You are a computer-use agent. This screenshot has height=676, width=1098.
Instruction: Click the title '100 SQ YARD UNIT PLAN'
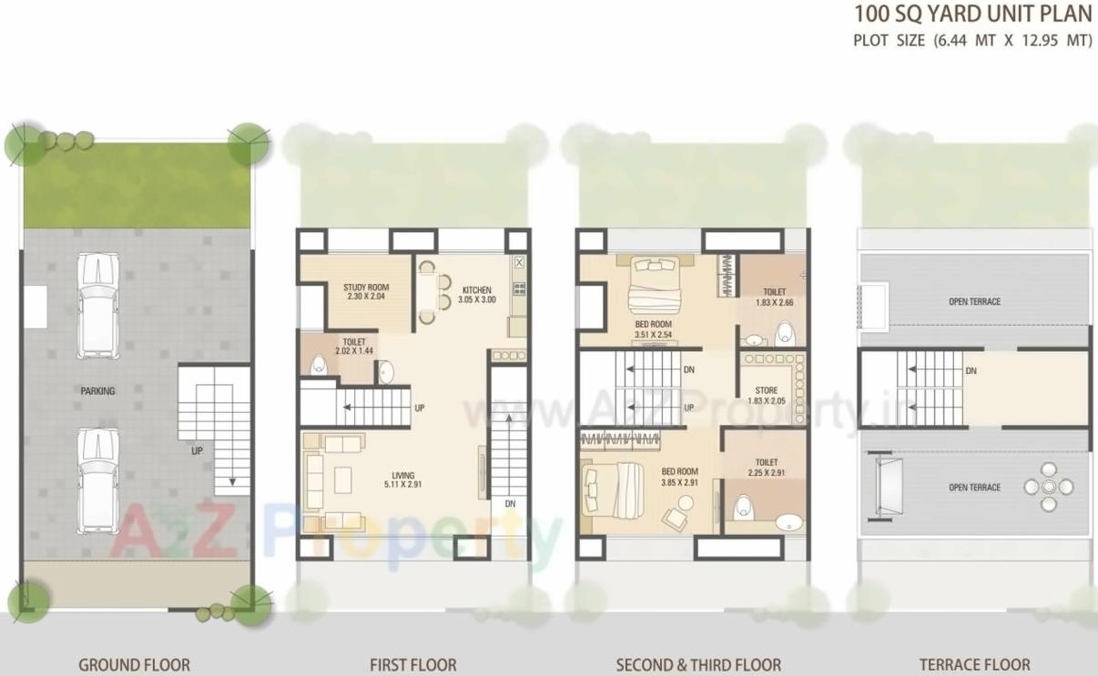(972, 15)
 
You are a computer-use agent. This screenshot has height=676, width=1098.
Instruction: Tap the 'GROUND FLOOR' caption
(134, 665)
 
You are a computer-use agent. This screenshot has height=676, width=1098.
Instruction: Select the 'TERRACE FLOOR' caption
(974, 665)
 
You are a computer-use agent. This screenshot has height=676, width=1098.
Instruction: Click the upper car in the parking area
(97, 304)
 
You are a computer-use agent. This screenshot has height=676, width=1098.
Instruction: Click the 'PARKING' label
(97, 391)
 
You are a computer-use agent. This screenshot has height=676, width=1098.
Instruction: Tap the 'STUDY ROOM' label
(366, 288)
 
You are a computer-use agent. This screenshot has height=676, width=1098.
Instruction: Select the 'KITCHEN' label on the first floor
(476, 290)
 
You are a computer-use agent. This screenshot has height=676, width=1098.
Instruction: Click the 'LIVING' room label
(403, 476)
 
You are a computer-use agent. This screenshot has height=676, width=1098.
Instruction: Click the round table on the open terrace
(1048, 487)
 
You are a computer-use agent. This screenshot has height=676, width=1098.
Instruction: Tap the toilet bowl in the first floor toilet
(319, 364)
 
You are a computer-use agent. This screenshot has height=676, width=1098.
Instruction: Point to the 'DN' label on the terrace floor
(971, 371)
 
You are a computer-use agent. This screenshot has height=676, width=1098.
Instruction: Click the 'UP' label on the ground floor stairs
(197, 450)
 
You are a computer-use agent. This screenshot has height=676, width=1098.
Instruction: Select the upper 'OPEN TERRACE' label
(974, 302)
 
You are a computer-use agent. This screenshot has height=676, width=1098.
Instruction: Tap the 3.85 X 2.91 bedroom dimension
(679, 482)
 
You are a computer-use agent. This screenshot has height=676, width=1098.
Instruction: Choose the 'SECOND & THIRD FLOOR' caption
(698, 665)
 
